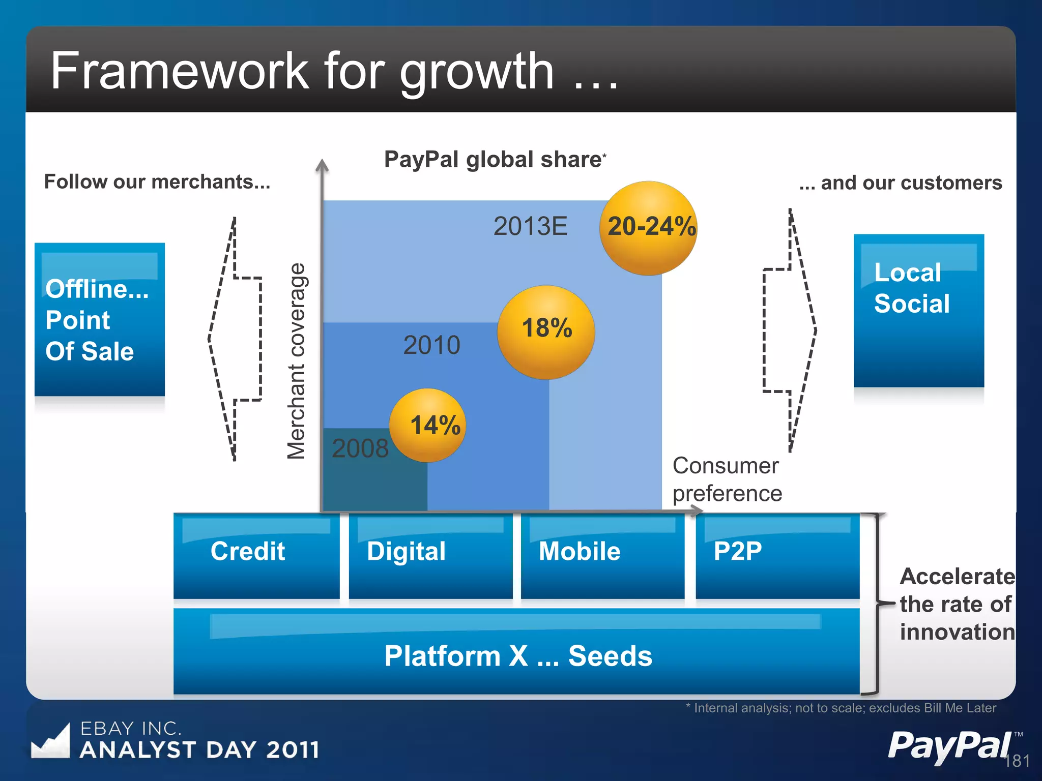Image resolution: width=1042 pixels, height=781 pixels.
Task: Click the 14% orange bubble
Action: (x=427, y=425)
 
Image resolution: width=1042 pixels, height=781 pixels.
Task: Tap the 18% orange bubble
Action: (x=546, y=332)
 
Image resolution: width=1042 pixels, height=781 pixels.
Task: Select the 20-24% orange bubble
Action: (x=649, y=228)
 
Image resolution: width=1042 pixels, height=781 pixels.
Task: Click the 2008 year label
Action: (x=360, y=448)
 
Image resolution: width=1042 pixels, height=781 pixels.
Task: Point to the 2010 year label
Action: (x=431, y=345)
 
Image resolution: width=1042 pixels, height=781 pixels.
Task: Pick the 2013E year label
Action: (x=530, y=226)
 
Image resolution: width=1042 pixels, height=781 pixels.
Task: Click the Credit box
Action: (x=256, y=556)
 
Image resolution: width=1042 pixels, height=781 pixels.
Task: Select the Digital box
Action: (x=430, y=556)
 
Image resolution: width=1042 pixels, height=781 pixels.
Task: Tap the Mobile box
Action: (x=602, y=556)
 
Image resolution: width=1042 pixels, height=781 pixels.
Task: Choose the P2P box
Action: (x=777, y=556)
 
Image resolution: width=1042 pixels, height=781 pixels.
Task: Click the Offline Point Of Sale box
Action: (x=100, y=319)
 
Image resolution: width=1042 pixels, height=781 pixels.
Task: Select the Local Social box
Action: (x=918, y=311)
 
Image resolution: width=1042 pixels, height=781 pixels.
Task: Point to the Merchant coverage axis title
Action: (x=296, y=361)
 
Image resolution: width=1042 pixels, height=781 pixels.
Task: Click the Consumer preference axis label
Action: (x=727, y=479)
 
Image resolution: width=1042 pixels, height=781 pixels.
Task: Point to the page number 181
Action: (x=1017, y=761)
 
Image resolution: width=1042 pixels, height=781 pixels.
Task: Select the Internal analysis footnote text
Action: (x=841, y=708)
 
